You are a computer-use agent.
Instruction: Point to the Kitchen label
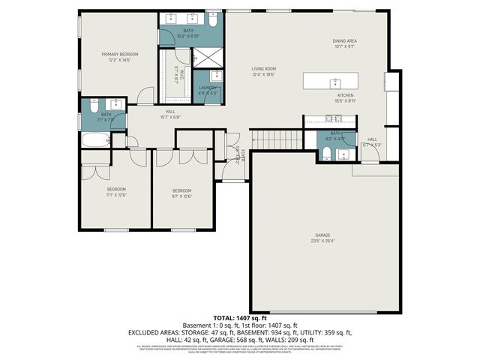[x=344, y=95]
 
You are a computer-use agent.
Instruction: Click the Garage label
[x=322, y=235]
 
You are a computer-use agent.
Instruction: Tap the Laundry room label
[x=207, y=88]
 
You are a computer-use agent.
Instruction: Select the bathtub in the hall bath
[x=95, y=140]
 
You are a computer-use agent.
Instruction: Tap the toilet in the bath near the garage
[x=328, y=154]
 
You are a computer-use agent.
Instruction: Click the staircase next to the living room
[x=276, y=139]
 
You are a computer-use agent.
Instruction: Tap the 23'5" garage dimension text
[x=322, y=241]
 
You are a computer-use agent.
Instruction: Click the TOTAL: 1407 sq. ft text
[x=239, y=319]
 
